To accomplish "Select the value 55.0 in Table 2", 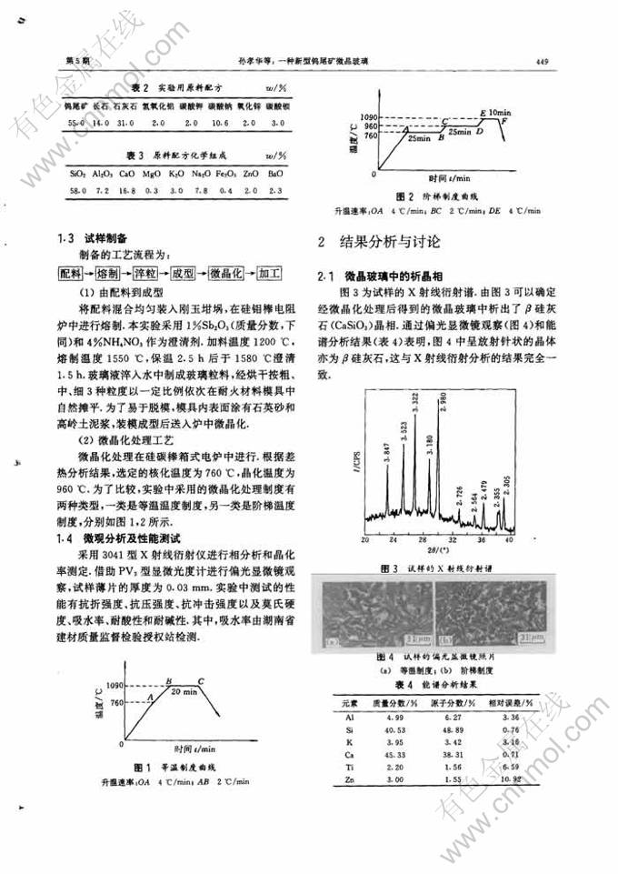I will click(x=76, y=121).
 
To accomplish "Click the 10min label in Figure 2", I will click(x=499, y=111).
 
